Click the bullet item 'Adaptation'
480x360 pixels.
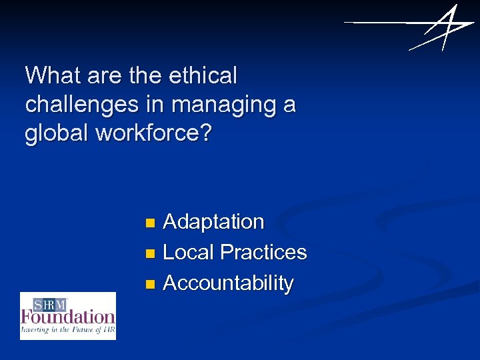click(213, 221)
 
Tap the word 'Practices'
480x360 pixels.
click(263, 252)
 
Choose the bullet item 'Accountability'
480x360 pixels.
click(228, 283)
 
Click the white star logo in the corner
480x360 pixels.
click(433, 28)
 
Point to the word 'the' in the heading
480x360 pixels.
click(145, 76)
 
